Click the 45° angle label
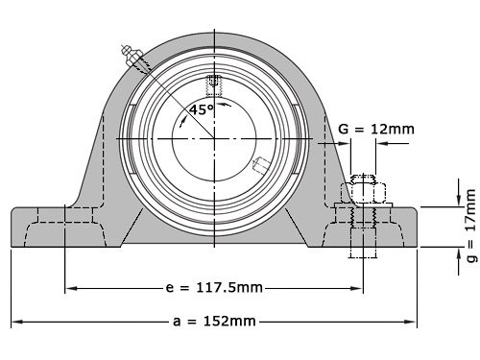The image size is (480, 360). [201, 109]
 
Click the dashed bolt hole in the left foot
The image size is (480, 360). [65, 226]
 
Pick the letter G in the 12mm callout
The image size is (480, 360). [344, 128]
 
